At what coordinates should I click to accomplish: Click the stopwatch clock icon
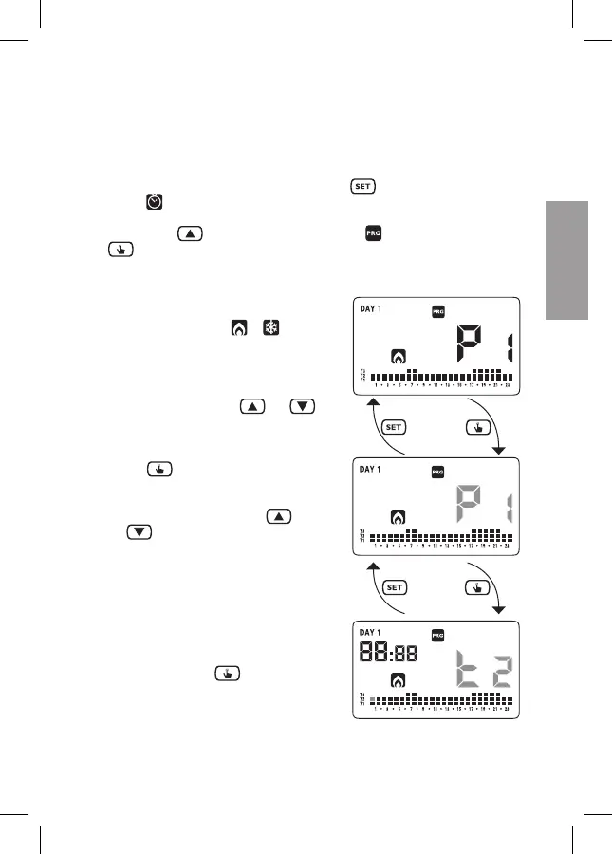[154, 202]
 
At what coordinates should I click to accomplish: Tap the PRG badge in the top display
[437, 310]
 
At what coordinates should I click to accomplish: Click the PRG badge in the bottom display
[437, 635]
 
